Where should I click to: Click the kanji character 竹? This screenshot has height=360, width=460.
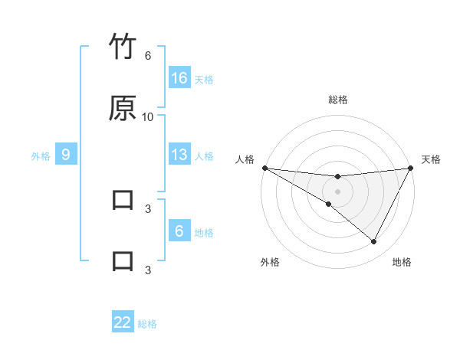[123, 47]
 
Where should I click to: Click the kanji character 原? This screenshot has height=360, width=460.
[123, 108]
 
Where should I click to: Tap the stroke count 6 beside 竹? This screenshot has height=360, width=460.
[148, 56]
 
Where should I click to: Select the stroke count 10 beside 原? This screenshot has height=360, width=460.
[148, 116]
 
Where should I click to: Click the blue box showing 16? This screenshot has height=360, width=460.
[179, 78]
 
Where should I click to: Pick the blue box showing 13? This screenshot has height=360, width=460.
[179, 155]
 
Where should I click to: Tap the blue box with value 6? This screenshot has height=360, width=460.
[179, 231]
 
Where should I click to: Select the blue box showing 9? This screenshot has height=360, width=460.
[66, 155]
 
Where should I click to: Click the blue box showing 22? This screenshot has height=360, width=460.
[123, 322]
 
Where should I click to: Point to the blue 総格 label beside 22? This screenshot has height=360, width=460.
[147, 324]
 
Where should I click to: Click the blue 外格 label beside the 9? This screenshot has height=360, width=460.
[41, 156]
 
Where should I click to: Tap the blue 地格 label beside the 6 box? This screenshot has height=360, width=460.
[204, 233]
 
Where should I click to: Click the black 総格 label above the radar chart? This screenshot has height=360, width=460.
[338, 100]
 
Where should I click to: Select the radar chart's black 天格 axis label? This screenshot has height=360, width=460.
[431, 159]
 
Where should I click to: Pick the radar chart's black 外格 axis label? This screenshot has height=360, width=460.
[270, 262]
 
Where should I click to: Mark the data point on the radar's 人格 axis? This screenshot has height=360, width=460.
[264, 168]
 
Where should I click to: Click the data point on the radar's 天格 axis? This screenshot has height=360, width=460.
[411, 168]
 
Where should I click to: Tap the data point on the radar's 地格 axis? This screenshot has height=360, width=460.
[373, 242]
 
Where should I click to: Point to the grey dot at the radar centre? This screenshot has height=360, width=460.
[338, 191]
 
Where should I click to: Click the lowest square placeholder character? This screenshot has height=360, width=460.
[123, 260]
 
